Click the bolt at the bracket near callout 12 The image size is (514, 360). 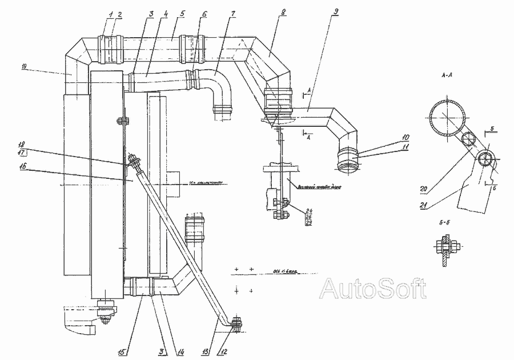pos(236,324)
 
